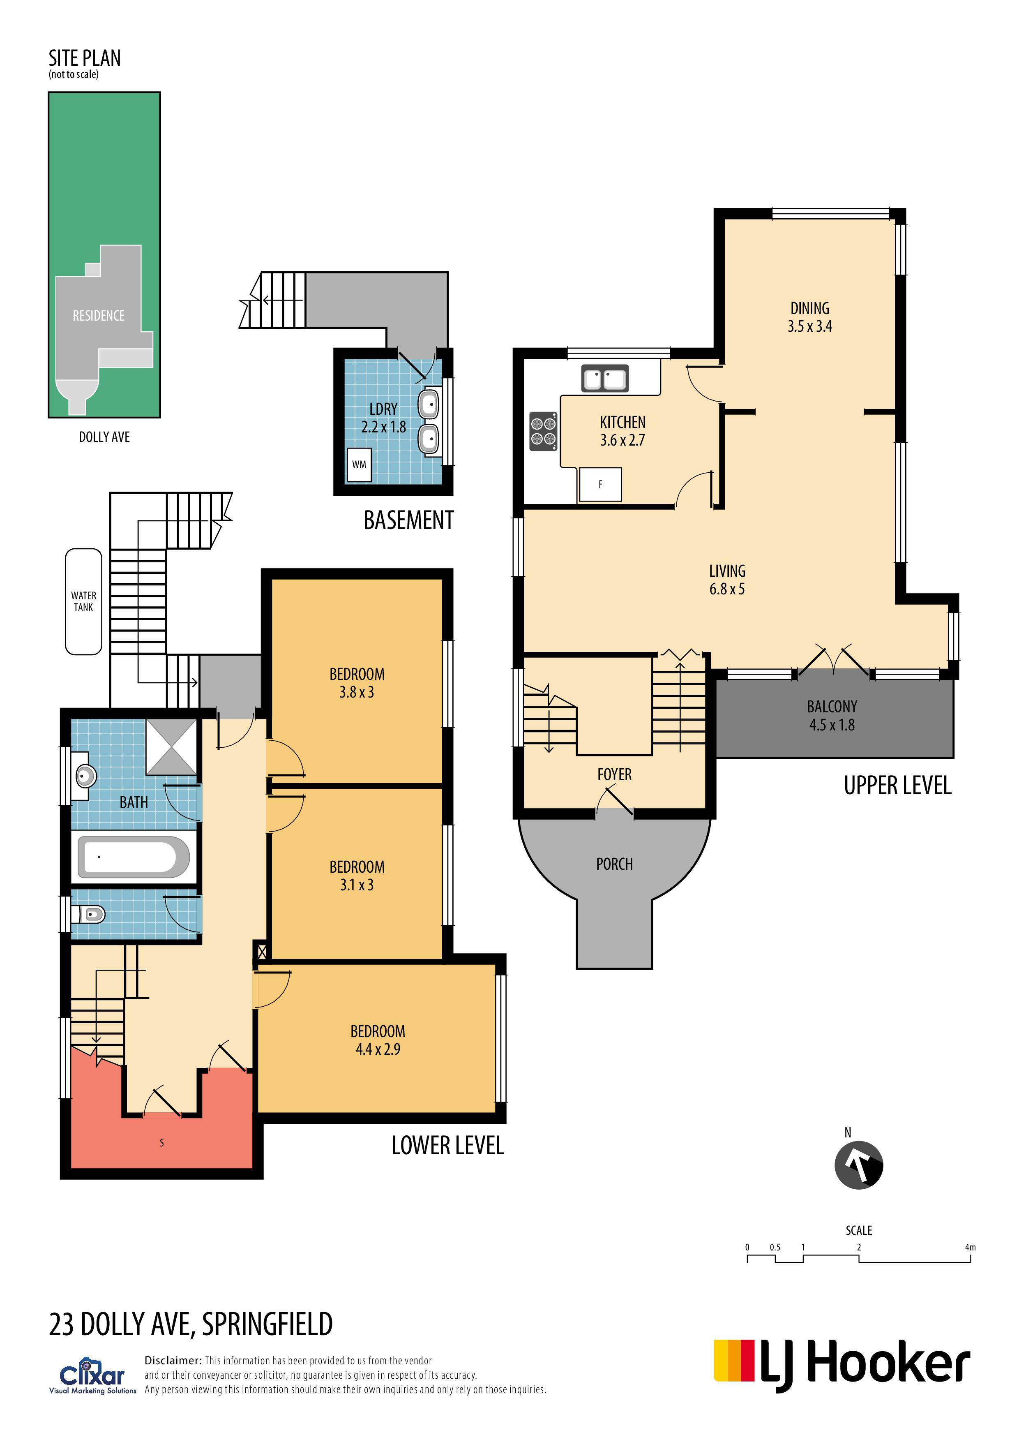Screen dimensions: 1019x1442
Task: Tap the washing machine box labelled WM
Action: point(359,465)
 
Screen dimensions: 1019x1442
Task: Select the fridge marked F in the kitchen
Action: point(600,484)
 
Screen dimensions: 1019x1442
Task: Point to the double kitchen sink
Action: point(604,379)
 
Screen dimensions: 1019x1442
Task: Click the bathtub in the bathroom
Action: point(133,857)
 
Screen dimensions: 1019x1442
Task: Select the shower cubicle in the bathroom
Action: point(171,747)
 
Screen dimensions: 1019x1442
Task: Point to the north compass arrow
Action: point(858,1165)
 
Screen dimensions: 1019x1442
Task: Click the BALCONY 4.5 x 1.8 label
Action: point(832,715)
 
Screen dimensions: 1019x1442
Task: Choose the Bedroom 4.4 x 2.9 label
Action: point(378,1040)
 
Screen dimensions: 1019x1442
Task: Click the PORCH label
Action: point(615,864)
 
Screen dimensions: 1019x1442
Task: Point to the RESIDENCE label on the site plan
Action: point(99,315)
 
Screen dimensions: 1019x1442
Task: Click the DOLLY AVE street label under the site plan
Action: point(104,437)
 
